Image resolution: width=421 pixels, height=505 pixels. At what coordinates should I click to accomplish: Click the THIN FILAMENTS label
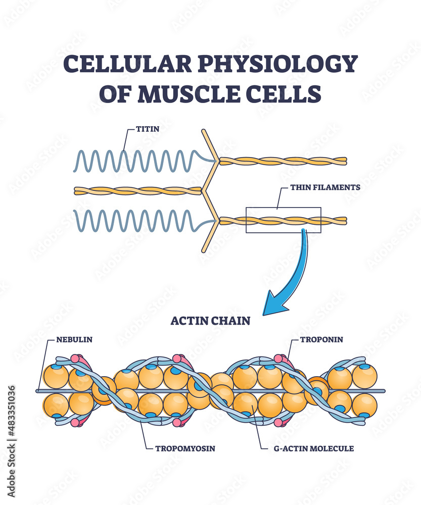click(325, 187)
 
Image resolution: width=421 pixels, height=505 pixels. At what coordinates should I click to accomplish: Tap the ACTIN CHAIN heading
click(210, 321)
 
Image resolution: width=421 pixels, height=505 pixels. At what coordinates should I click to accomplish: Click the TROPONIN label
click(321, 339)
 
